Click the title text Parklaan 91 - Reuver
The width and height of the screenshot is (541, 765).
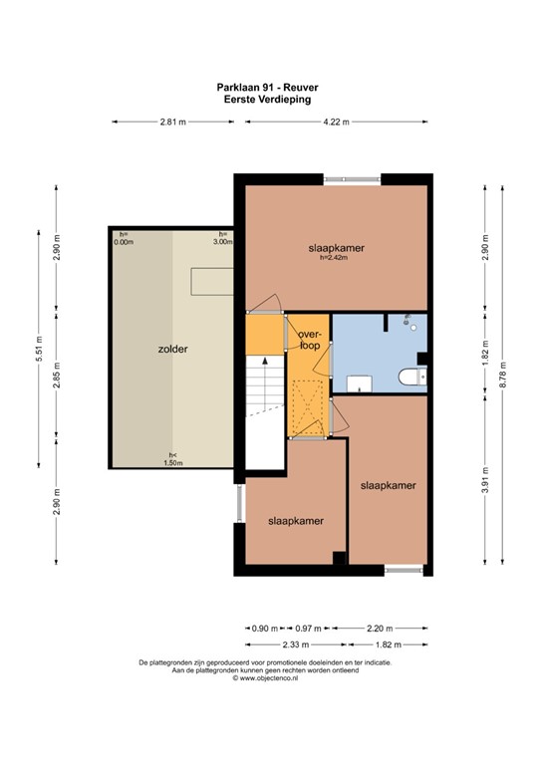pos(267,88)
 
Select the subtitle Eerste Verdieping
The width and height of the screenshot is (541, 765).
pos(267,100)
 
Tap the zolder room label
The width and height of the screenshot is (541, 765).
pos(172,350)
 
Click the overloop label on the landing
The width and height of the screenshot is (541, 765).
pos(309,340)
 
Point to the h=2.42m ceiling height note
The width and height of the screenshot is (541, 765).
pos(334,258)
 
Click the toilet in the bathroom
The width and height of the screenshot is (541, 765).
pos(412,377)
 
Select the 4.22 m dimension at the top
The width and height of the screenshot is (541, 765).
pos(336,122)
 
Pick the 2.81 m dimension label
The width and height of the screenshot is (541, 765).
pos(173,122)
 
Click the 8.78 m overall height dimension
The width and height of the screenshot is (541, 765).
pos(502,375)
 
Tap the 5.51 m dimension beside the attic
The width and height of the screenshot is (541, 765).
pos(39,349)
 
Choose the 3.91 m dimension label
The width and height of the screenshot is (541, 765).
pos(485,480)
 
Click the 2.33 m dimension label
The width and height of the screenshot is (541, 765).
pos(296,644)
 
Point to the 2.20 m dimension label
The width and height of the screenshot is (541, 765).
pos(380,629)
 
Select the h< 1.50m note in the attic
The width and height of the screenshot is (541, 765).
pos(173,459)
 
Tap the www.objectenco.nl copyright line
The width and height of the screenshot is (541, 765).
pos(265,677)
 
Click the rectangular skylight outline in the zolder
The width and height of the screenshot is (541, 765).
pos(211,282)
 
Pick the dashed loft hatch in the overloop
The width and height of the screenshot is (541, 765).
pos(307,407)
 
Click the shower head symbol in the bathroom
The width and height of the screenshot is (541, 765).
pos(406,319)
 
